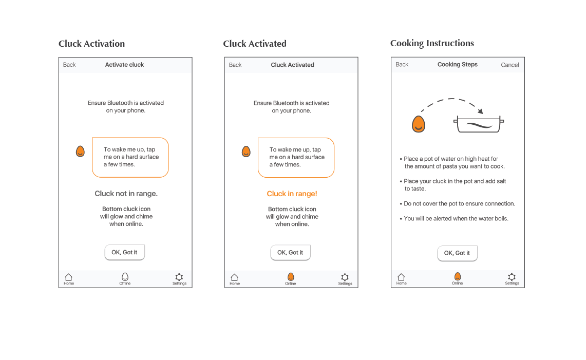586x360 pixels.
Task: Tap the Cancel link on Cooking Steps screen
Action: pyautogui.click(x=509, y=65)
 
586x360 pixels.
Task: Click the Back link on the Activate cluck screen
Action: pyautogui.click(x=69, y=65)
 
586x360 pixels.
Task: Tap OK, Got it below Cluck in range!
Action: pyautogui.click(x=290, y=253)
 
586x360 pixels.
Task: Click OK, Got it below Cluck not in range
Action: pyautogui.click(x=124, y=252)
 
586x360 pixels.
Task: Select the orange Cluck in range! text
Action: pyautogui.click(x=292, y=194)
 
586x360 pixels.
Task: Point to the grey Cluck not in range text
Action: pyautogui.click(x=126, y=194)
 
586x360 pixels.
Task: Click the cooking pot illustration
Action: pyautogui.click(x=478, y=125)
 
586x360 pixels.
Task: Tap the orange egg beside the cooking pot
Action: pyautogui.click(x=419, y=124)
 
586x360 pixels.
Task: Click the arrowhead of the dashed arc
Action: pyautogui.click(x=480, y=111)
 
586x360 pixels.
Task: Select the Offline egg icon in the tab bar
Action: pyautogui.click(x=125, y=277)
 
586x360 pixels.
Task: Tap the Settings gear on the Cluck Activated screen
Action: pyautogui.click(x=345, y=277)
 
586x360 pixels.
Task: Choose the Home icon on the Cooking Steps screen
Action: pyautogui.click(x=401, y=277)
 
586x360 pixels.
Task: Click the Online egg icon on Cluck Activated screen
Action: pyautogui.click(x=291, y=277)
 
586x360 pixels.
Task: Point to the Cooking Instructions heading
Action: pyautogui.click(x=432, y=43)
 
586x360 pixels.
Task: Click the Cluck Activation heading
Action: pyautogui.click(x=91, y=44)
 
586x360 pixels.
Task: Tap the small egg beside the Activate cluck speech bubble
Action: pyautogui.click(x=80, y=151)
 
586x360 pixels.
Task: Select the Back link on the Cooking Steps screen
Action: pyautogui.click(x=402, y=65)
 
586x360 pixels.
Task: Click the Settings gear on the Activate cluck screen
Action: pyautogui.click(x=179, y=277)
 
